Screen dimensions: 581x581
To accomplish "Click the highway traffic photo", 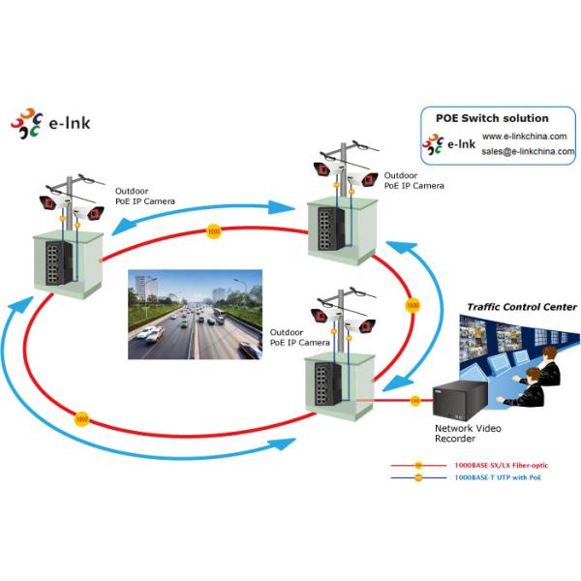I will pyautogui.click(x=195, y=315).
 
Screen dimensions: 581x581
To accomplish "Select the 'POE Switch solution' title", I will pyautogui.click(x=492, y=118).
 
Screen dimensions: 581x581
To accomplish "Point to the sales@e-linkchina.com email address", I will pyautogui.click(x=528, y=151).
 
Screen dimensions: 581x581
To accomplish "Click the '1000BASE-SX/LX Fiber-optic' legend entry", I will pyautogui.click(x=494, y=465).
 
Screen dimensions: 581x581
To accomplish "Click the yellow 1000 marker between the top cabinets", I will pyautogui.click(x=213, y=231).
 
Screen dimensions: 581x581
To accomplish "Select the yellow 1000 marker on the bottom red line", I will pyautogui.click(x=81, y=419).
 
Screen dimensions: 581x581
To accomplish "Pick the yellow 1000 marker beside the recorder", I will pyautogui.click(x=414, y=399).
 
